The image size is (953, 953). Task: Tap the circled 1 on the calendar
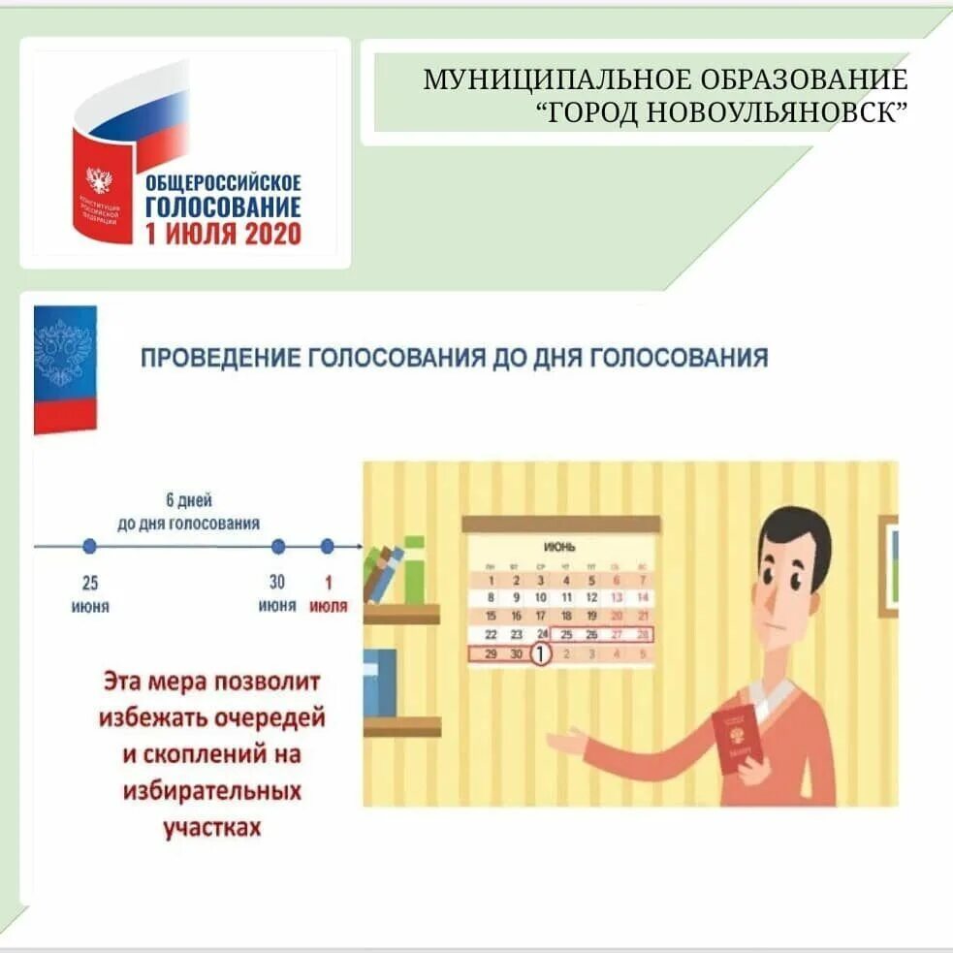pyautogui.click(x=541, y=654)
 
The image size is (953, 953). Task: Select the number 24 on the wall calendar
pyautogui.click(x=541, y=635)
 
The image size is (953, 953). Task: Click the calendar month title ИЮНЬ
pyautogui.click(x=559, y=547)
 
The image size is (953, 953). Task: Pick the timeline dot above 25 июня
pyautogui.click(x=90, y=547)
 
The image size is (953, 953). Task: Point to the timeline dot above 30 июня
pyautogui.click(x=278, y=547)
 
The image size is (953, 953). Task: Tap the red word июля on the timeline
pyautogui.click(x=328, y=606)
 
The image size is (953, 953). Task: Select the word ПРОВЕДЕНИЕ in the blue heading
pyautogui.click(x=220, y=358)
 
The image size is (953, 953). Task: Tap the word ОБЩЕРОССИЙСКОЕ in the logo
pyautogui.click(x=223, y=182)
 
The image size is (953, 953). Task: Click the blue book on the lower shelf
pyautogui.click(x=380, y=682)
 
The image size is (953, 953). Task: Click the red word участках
pyautogui.click(x=211, y=827)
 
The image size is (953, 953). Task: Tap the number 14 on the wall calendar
pyautogui.click(x=641, y=597)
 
